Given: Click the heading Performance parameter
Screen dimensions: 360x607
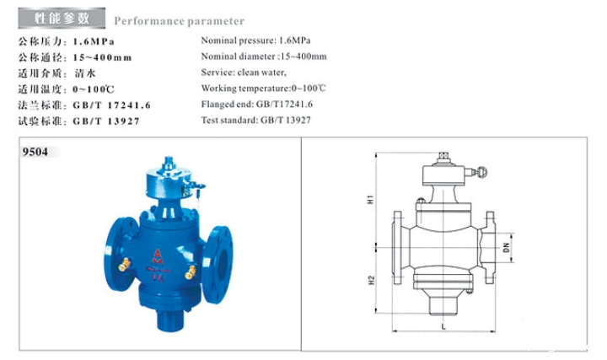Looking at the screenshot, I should [x=179, y=21].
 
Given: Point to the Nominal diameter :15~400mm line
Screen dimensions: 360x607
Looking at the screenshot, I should [x=263, y=56].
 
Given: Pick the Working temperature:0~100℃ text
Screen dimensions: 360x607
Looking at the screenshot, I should [x=263, y=89].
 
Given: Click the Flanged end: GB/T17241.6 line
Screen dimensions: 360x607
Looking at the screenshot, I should [x=257, y=105].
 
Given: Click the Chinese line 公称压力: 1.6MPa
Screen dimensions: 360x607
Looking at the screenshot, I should [x=65, y=40].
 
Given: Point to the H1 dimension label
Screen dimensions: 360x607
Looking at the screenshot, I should [x=380, y=201].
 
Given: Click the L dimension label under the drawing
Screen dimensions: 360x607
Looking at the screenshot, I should [x=443, y=324].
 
